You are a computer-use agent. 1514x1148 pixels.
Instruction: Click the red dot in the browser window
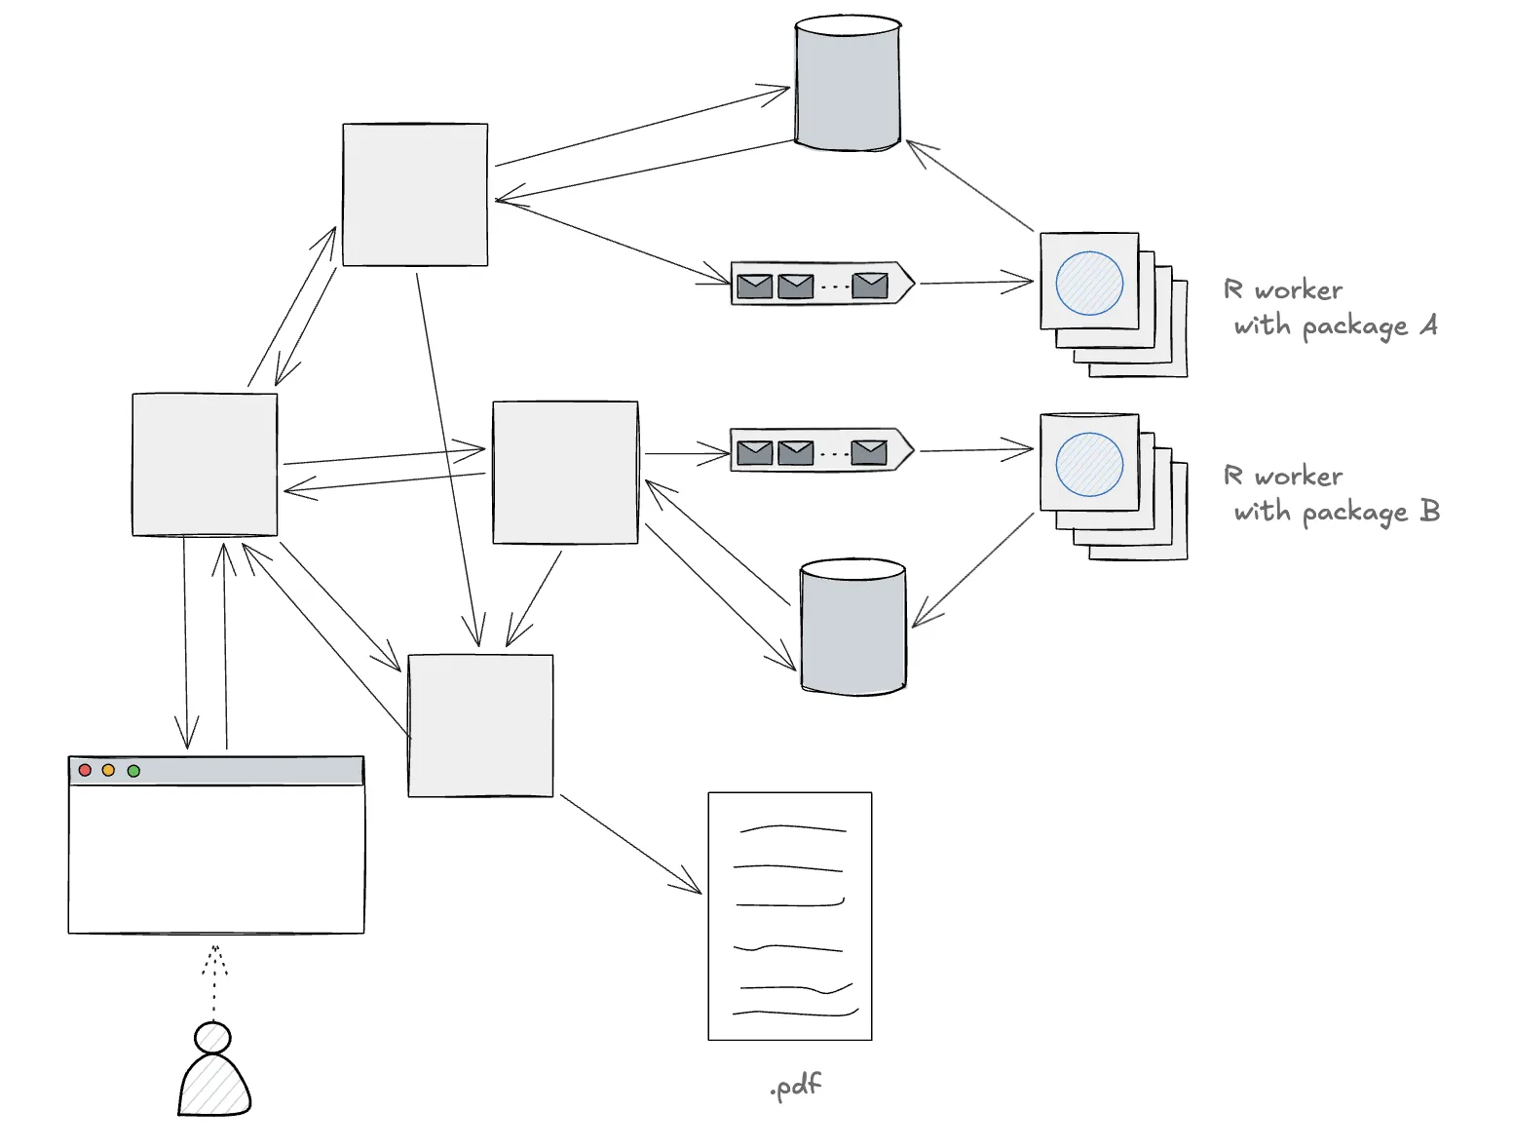click(85, 770)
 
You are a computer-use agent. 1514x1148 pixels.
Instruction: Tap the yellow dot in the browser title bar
click(108, 770)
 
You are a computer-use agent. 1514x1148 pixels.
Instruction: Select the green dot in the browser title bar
click(133, 771)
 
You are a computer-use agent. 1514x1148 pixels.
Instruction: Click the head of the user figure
click(212, 1038)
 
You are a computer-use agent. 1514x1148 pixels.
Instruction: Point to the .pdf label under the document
click(796, 1086)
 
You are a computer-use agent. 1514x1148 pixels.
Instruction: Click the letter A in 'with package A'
click(1428, 324)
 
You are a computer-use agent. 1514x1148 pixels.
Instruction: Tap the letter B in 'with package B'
click(1430, 510)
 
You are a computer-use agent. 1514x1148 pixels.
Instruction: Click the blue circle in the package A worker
click(1089, 283)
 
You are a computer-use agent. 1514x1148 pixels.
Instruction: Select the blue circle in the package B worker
click(1089, 464)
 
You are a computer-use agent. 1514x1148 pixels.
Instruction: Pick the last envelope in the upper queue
click(870, 286)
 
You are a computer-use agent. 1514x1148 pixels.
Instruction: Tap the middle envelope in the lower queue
click(795, 452)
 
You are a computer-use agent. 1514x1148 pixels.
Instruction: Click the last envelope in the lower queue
click(869, 452)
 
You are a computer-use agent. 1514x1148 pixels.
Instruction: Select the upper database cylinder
click(848, 83)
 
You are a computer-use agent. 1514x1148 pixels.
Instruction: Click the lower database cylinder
click(853, 627)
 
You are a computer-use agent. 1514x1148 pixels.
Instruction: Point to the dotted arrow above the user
click(213, 982)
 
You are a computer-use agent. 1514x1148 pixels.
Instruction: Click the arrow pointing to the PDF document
click(630, 845)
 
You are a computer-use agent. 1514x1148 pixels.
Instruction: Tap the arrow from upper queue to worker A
click(976, 283)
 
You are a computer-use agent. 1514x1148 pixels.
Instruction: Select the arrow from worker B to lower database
click(973, 570)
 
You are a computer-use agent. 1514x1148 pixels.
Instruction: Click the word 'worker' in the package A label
click(1298, 290)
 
